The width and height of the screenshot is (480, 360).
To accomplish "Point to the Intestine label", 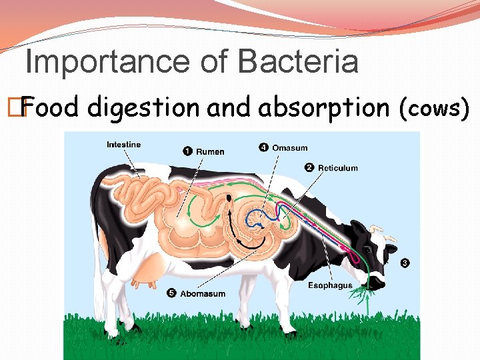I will click(x=123, y=145).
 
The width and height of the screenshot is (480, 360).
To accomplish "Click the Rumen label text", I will click(x=210, y=151).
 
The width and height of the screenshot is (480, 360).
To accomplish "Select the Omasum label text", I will click(x=290, y=147).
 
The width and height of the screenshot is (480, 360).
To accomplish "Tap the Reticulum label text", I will click(x=338, y=168).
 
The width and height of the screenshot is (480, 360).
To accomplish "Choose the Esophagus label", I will click(x=330, y=286).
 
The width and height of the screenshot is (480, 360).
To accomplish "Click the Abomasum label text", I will click(x=203, y=293).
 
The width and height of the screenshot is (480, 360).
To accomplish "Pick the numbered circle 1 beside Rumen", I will click(x=187, y=151).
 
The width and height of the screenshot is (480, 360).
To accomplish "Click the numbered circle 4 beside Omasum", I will click(x=264, y=147).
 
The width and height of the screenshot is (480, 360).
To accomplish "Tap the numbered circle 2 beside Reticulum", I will click(x=309, y=167).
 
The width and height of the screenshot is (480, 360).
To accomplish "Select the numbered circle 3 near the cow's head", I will click(x=405, y=263).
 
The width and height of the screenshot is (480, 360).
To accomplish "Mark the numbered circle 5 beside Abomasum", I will click(x=171, y=293).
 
